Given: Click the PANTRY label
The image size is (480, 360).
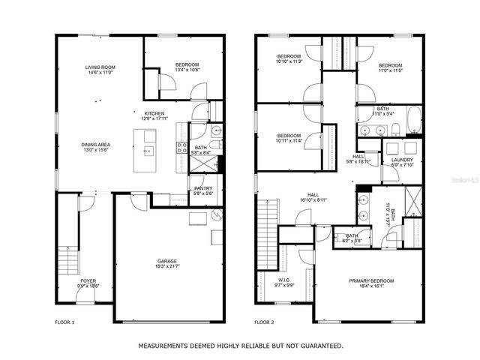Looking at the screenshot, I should (x=203, y=188).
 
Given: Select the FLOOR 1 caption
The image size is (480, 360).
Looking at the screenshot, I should (x=65, y=322).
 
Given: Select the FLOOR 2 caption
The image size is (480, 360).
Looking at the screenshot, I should (x=264, y=322).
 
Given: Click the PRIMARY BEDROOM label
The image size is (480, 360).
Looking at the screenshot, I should (x=371, y=280).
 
